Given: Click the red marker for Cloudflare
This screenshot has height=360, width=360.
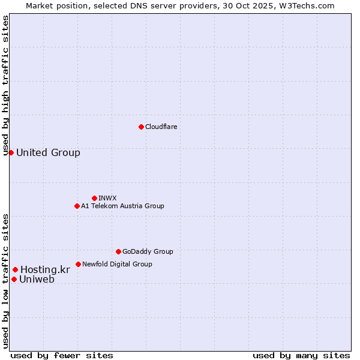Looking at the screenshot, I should (x=141, y=127).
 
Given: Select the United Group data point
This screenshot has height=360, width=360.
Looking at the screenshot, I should (x=11, y=152).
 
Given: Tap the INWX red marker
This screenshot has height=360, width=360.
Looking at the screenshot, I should (x=94, y=198).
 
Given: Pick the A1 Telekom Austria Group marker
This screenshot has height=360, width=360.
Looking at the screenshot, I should (x=77, y=206).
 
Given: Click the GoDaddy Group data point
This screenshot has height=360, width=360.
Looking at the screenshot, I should (x=118, y=251).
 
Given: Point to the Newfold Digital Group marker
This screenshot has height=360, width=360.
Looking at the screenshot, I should (x=78, y=264).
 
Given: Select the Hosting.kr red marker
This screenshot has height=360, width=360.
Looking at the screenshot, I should (x=15, y=270).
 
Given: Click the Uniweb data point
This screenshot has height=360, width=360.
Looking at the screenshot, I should (x=14, y=279).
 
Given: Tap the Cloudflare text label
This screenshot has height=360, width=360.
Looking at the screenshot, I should (x=161, y=127).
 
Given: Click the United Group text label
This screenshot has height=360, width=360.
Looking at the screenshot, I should (x=48, y=152).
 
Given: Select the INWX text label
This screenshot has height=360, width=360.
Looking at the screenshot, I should (x=107, y=198).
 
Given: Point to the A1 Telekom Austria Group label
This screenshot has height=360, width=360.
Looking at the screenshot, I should (x=122, y=206).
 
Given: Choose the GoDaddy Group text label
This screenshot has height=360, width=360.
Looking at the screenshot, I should (x=148, y=251).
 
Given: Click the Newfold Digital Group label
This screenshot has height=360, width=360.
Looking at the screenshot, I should (x=117, y=264).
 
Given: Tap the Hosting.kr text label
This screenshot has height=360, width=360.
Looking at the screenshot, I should (x=45, y=270).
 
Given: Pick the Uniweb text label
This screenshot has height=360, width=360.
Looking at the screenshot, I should (x=37, y=279).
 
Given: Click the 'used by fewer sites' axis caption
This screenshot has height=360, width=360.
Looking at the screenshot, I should (x=62, y=355).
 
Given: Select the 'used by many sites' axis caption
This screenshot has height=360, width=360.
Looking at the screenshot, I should (x=301, y=355).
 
